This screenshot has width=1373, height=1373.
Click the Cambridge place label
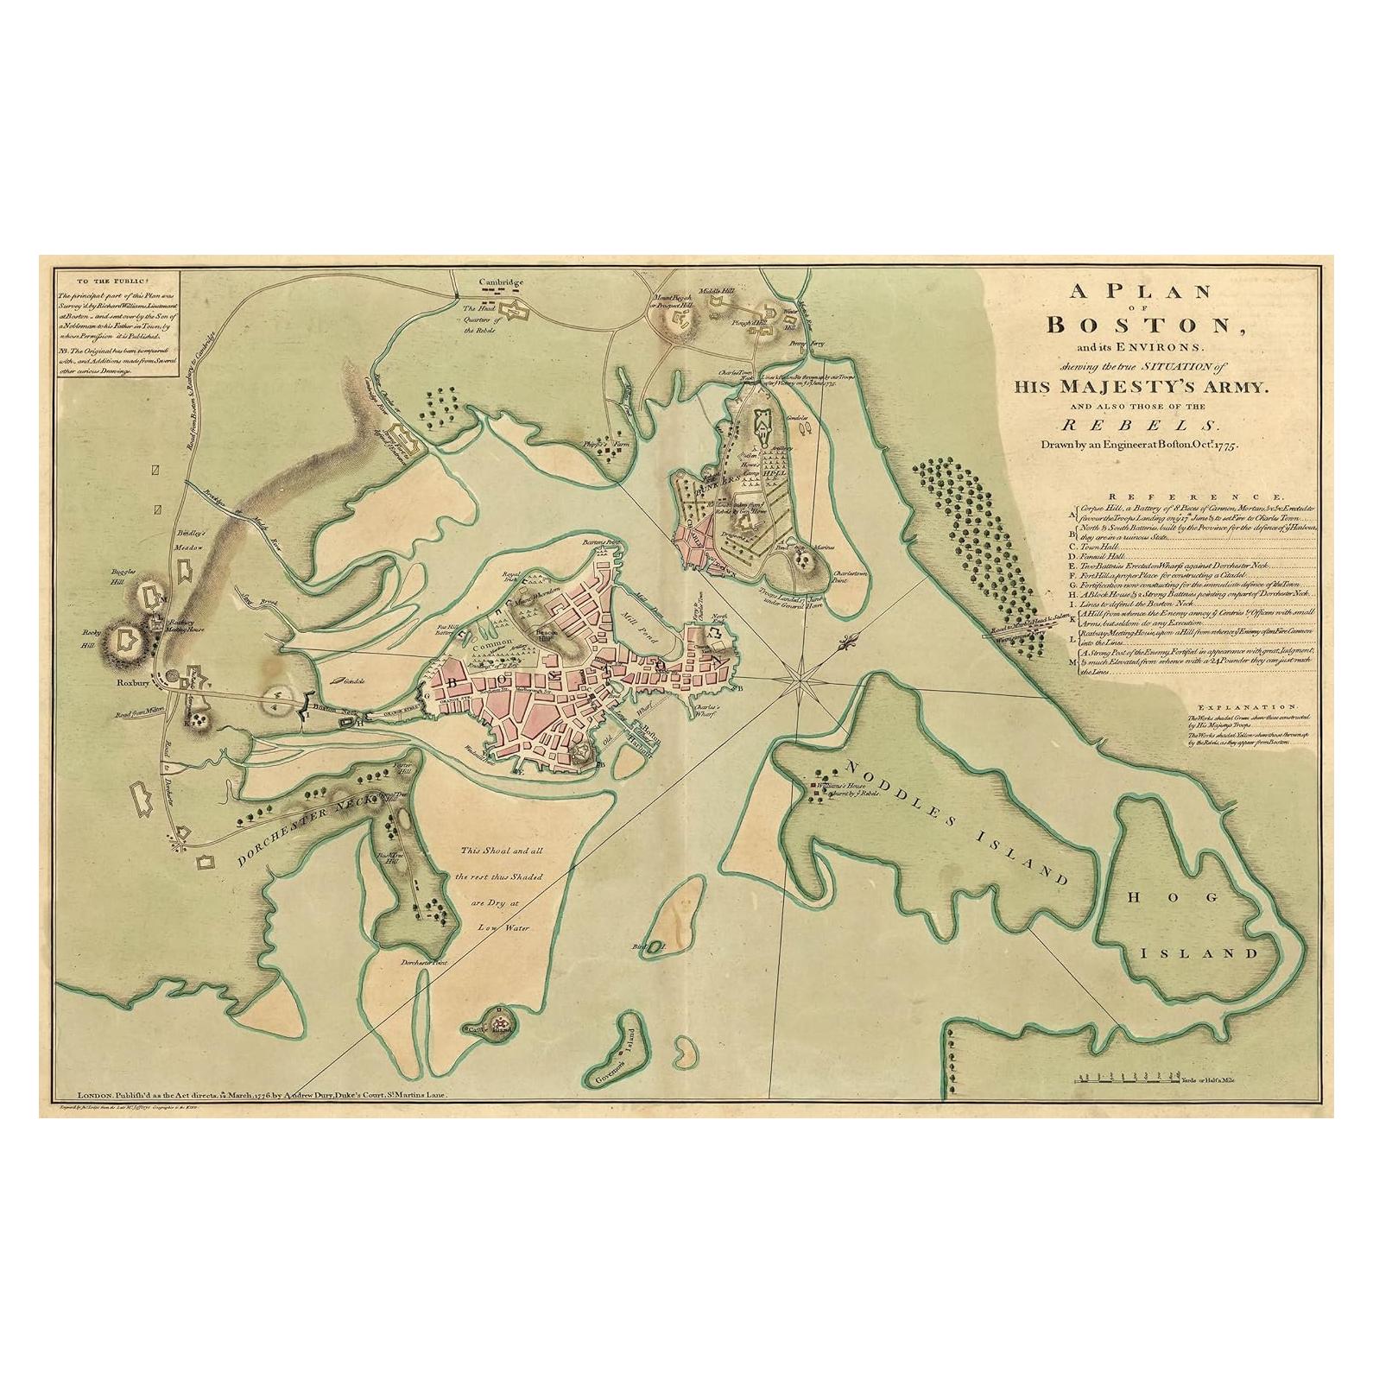click(x=502, y=283)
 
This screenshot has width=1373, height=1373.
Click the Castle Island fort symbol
click(x=500, y=1023)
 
